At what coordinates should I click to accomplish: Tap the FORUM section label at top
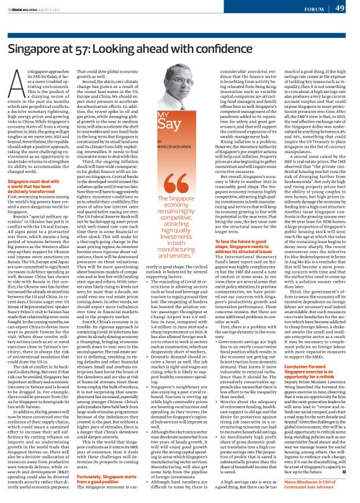(x=312, y=8)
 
